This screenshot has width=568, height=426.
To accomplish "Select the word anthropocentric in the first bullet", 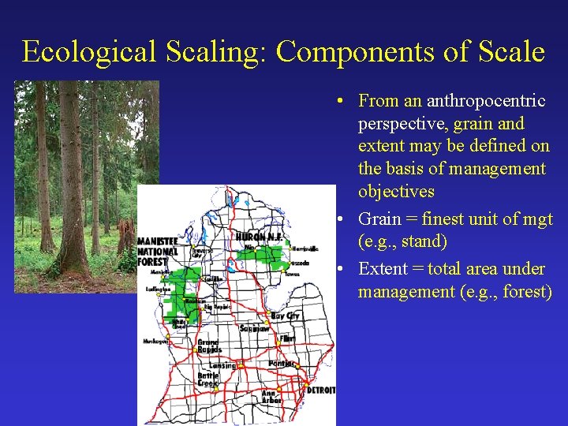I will click(x=486, y=101).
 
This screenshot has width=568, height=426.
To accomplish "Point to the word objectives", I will click(x=396, y=192).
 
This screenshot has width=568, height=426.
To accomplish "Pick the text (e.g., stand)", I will click(x=402, y=241).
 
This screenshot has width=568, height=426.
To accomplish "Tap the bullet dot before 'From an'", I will click(x=337, y=102).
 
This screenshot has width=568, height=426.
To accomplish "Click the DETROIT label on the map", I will click(x=320, y=390).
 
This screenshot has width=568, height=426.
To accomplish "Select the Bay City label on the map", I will click(x=286, y=316).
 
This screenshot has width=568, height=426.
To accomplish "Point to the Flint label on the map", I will click(x=286, y=338).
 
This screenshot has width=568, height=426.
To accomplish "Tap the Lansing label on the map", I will click(x=222, y=365).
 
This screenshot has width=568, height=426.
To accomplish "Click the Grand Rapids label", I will click(x=208, y=346).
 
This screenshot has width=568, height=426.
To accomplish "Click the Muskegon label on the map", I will click(x=155, y=342).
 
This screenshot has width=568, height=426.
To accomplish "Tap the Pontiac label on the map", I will click(x=281, y=364).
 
